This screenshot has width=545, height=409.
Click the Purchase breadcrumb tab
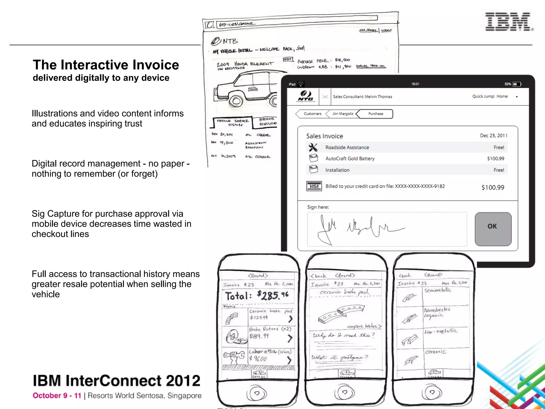(375, 114)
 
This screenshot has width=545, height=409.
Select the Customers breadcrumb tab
(312, 114)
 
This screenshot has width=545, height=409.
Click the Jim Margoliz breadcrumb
(342, 114)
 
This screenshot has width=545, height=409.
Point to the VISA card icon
(314, 186)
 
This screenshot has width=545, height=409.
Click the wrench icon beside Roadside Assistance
(313, 147)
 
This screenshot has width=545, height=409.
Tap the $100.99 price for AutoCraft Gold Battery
(496, 159)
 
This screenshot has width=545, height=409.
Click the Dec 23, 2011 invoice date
(493, 136)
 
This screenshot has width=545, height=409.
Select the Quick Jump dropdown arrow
(517, 97)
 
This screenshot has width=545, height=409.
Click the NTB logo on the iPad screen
(305, 96)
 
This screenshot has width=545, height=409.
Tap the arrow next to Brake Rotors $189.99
(290, 338)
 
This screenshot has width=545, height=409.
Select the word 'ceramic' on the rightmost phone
(436, 352)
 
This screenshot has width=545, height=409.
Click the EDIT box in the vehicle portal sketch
(288, 59)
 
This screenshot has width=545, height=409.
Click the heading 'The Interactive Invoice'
(106, 65)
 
